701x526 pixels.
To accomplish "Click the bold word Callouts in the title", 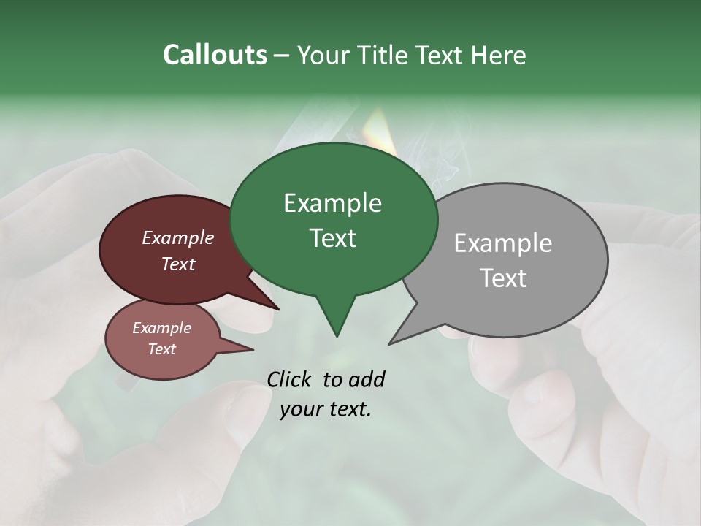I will click(x=215, y=56).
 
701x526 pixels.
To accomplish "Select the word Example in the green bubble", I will click(x=332, y=203).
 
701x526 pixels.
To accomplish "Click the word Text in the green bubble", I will click(x=332, y=238).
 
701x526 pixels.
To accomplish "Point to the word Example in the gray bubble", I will click(x=503, y=243).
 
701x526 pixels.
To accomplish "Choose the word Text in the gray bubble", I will click(x=503, y=278).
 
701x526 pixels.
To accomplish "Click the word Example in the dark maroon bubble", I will click(x=177, y=237).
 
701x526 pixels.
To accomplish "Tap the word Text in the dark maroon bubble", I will click(x=177, y=264).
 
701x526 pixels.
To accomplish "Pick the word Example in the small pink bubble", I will click(x=161, y=328).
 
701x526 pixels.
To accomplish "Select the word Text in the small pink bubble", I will click(x=161, y=349).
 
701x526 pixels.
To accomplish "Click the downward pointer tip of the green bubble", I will click(x=337, y=335).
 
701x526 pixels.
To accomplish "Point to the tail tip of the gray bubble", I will click(x=390, y=343).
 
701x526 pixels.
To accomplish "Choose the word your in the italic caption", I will click(x=300, y=409).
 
